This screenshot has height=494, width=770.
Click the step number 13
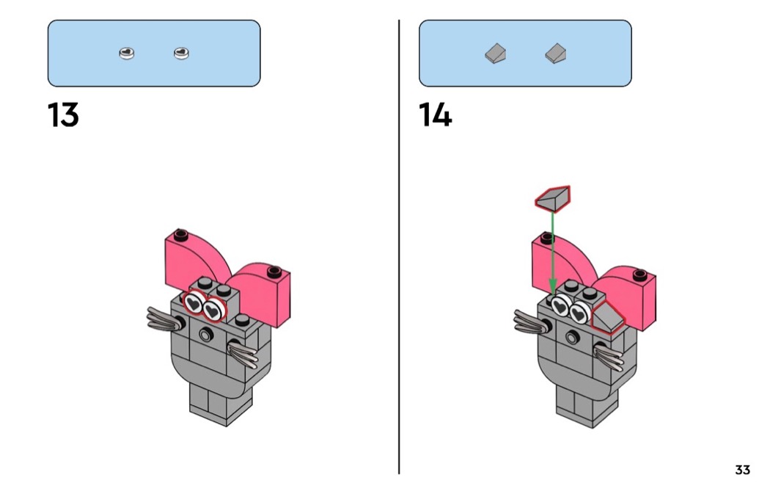pos(63,115)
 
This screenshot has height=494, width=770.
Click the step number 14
pos(435,115)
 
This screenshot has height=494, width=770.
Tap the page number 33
pos(742,470)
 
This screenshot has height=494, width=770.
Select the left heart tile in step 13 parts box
pos(127,53)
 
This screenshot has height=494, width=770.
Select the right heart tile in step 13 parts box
pos(181,53)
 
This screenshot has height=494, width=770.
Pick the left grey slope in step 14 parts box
pos(496,54)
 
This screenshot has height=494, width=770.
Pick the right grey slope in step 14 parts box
pos(555,54)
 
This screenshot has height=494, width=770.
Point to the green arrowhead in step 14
pos(553,286)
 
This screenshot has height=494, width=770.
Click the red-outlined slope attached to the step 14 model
pos(607,318)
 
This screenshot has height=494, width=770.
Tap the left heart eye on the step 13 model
pos(194,302)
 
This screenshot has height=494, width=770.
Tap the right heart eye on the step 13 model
pos(213,310)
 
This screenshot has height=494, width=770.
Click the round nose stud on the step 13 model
pos(206,335)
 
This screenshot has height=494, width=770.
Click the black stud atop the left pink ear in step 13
pos(180,234)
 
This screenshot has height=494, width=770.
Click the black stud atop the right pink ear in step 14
pos(640,275)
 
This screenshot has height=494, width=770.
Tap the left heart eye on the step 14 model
pos(560,306)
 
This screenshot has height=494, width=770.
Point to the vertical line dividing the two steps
pos(399,247)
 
